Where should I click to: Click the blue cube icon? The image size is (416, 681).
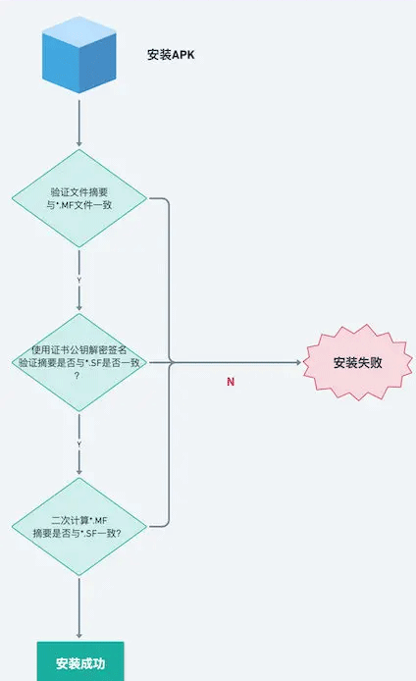(79, 55)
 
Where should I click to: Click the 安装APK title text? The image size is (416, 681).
(171, 55)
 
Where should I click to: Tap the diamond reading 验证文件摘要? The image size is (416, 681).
(79, 198)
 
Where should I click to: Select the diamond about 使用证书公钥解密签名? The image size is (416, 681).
(79, 363)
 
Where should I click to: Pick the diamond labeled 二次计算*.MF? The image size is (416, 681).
(79, 527)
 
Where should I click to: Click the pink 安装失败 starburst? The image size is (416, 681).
(357, 362)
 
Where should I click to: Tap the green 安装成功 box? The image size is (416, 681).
(80, 661)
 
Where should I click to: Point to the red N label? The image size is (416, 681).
(231, 382)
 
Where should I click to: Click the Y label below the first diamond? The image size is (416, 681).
(79, 281)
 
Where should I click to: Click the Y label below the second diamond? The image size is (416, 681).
(79, 445)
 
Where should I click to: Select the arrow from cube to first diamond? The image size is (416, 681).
(79, 124)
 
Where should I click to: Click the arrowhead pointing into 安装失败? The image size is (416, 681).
(298, 362)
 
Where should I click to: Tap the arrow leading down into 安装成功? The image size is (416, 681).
(79, 607)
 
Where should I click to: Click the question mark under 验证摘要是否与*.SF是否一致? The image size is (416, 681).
(78, 376)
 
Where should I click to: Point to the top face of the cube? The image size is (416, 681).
(79, 31)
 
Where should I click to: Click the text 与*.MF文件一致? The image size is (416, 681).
(79, 205)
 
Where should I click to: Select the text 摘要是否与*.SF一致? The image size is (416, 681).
(78, 534)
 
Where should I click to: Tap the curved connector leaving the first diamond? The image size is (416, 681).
(168, 281)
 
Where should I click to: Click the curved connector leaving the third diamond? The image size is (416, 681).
(168, 445)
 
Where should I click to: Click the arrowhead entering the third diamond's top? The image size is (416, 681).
(79, 472)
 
